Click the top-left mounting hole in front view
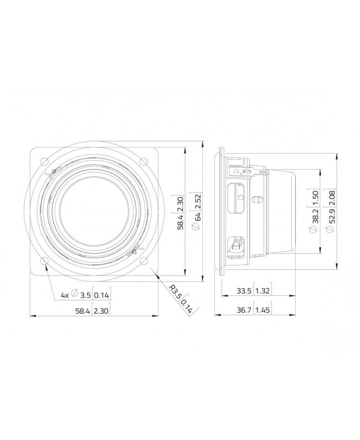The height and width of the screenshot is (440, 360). (x=44, y=161)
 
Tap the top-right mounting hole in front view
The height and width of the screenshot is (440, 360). (x=144, y=161)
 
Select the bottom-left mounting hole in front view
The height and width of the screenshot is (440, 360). (x=44, y=261)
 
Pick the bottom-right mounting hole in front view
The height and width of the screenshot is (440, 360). (x=144, y=261)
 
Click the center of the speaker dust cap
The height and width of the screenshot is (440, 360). (x=94, y=211)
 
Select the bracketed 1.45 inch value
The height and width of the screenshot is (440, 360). (x=263, y=310)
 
